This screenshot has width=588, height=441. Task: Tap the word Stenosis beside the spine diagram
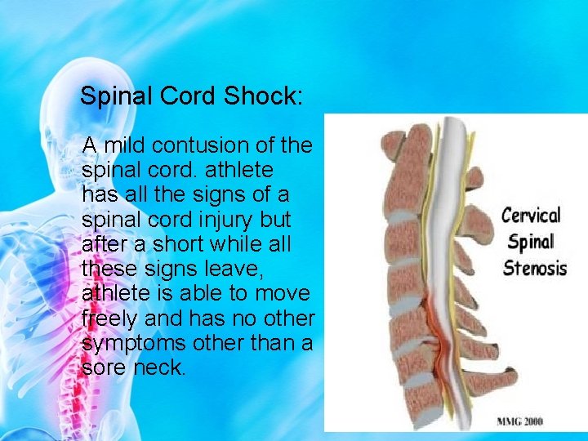point(535,267)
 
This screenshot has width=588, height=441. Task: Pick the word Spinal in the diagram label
point(530,242)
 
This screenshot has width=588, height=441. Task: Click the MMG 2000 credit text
point(520,421)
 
